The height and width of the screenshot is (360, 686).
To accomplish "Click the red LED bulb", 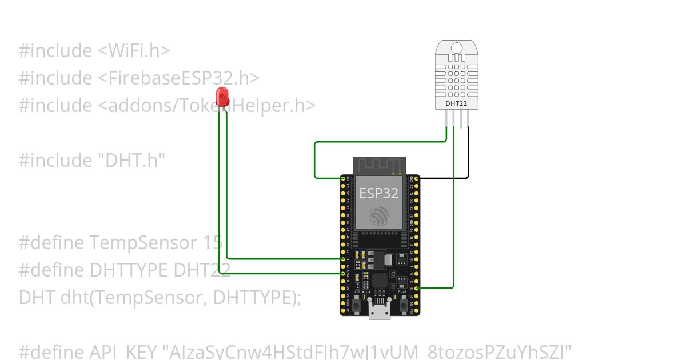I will [222, 94].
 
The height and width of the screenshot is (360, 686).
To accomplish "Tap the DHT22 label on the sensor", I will [456, 103].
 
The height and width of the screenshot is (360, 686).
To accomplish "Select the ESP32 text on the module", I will [378, 193].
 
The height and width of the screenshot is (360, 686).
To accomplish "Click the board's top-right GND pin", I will [417, 179].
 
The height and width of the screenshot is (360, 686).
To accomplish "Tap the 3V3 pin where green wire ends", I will [343, 179].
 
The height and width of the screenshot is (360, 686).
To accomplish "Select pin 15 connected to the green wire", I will [417, 288].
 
